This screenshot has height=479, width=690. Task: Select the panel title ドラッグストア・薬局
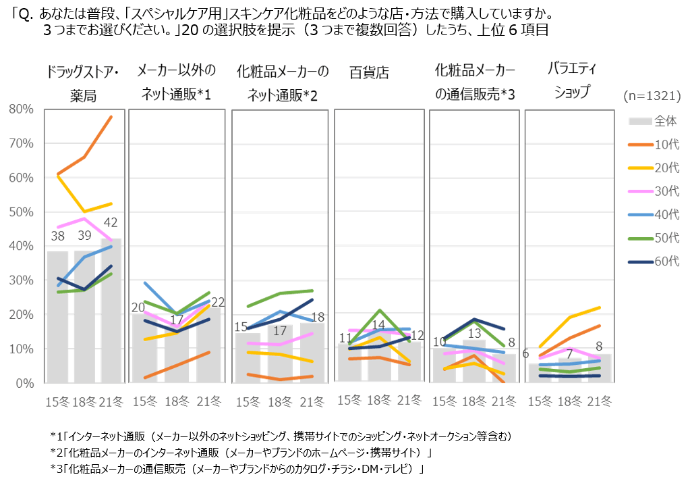coord(84,82)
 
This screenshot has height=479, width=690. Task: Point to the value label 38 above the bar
coord(57,236)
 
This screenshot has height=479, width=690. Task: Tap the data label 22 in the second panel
coord(217,302)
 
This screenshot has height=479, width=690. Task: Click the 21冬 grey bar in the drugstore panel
coord(111,311)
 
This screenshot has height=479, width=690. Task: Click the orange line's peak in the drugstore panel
coord(111,117)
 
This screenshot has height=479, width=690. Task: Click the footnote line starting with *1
coord(281,434)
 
